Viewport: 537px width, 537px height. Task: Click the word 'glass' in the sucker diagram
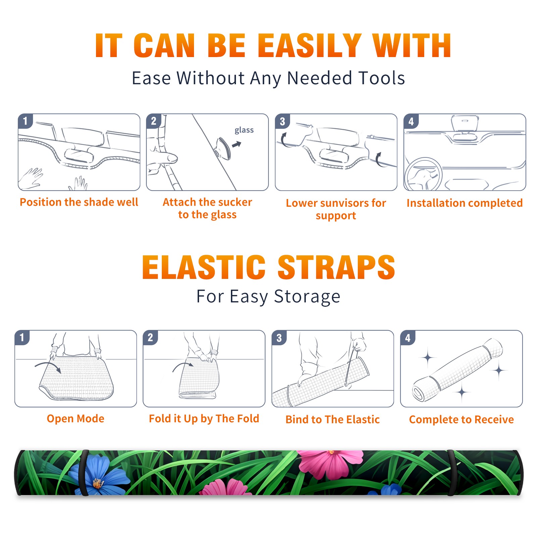point(244,130)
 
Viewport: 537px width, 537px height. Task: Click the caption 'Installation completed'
point(465,203)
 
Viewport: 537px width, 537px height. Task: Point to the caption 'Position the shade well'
point(79,202)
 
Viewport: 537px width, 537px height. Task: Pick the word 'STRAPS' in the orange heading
point(336,267)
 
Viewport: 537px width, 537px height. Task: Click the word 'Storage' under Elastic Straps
point(307,297)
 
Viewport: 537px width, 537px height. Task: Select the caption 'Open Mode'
point(76,419)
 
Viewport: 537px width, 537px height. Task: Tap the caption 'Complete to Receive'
point(461,420)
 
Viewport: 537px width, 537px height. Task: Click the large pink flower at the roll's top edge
point(331,463)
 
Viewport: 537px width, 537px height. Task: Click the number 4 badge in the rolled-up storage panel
point(408,338)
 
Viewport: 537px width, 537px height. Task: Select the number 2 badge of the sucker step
point(154,121)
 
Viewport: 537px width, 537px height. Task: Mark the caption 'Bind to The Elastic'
point(333,420)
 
